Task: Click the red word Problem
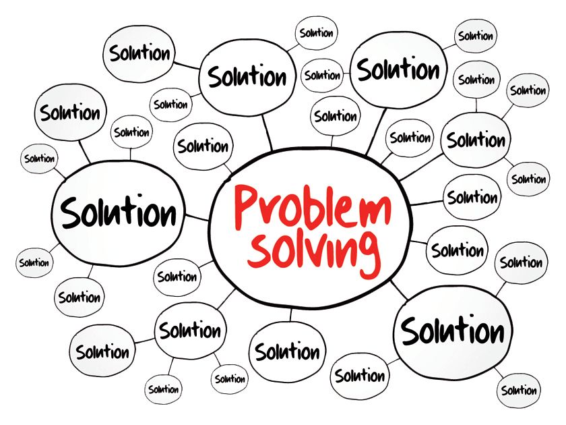click(x=312, y=206)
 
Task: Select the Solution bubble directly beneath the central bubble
click(x=287, y=351)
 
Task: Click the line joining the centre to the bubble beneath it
click(x=291, y=314)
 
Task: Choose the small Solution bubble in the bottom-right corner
click(x=519, y=390)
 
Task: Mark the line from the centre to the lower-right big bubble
click(x=398, y=289)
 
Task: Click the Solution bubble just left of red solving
click(x=177, y=276)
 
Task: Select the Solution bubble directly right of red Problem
click(x=472, y=198)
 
